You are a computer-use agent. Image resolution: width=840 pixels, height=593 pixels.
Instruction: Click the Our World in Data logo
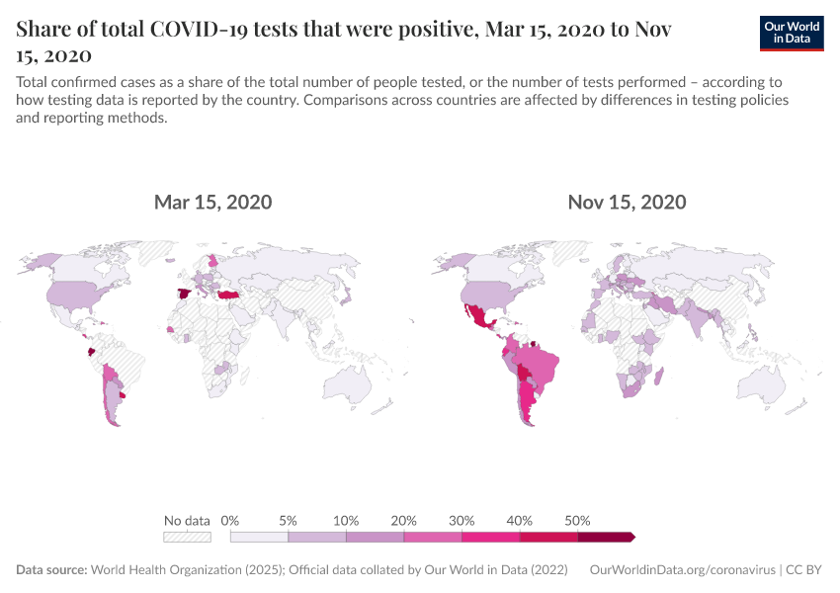[792, 32]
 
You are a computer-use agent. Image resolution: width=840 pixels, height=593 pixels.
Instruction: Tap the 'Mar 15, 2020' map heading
[212, 203]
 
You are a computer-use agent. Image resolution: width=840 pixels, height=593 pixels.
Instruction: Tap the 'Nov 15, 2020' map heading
[627, 203]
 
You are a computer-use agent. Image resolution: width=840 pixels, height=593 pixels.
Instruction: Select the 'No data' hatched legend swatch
[188, 537]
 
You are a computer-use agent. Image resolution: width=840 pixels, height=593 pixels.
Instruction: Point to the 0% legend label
[230, 520]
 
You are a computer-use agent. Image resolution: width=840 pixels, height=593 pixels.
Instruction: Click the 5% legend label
[289, 520]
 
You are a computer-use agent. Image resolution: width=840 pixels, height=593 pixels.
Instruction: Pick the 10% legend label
[346, 520]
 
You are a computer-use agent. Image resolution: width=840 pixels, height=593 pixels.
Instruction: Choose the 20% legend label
[404, 520]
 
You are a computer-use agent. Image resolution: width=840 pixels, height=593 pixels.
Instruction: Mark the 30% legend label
[462, 520]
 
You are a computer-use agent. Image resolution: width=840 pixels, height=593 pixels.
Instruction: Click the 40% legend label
[520, 520]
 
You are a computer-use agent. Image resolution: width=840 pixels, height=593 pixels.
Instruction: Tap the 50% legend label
[577, 520]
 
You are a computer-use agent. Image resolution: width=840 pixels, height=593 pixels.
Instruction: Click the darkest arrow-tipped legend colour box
[605, 537]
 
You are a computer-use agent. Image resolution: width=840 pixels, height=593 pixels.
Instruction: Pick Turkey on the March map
[229, 296]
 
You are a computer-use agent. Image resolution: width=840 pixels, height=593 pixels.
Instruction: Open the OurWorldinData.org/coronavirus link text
[681, 570]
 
